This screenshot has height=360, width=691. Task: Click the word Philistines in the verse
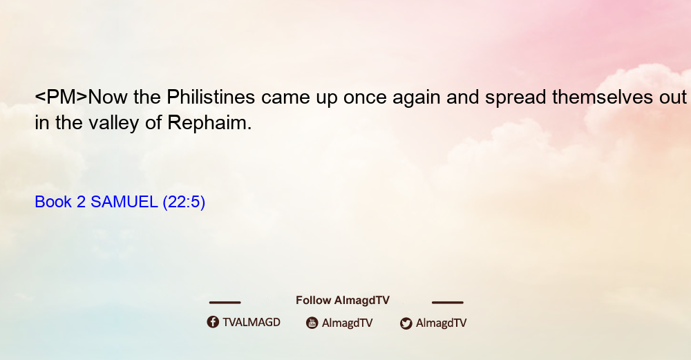tap(211, 97)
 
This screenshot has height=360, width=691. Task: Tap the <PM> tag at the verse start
tap(61, 97)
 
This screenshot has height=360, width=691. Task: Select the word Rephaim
tap(209, 123)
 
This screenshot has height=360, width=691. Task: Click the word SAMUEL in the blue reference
tap(124, 202)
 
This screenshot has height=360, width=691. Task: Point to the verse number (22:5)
tap(184, 202)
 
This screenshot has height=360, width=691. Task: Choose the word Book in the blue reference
tap(53, 202)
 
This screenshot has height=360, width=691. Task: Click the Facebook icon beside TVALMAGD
tap(213, 322)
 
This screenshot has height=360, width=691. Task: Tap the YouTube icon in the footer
tap(312, 323)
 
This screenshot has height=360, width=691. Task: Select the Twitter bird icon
tap(406, 323)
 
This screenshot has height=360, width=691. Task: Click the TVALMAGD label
tap(252, 322)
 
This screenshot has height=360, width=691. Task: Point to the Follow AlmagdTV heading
tap(343, 301)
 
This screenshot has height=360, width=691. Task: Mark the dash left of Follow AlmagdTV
tap(225, 303)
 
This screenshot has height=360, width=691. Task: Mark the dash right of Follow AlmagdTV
tap(448, 303)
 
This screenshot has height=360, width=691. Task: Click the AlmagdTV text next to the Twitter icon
tap(441, 323)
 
